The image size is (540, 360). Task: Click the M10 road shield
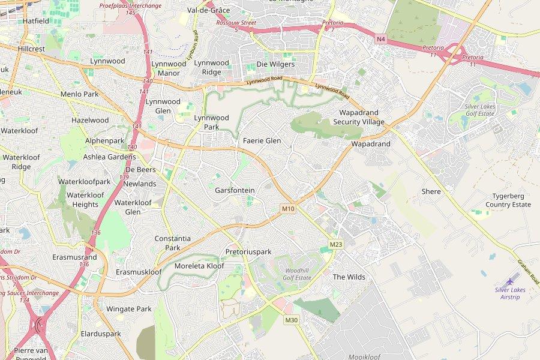[x=288, y=209]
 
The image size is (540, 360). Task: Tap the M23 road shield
[x=336, y=244]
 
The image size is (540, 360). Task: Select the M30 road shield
[x=291, y=320]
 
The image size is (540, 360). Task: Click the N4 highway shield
[x=381, y=39]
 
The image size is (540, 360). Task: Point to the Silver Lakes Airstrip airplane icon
[x=511, y=280]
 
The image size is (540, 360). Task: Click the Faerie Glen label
[x=262, y=140]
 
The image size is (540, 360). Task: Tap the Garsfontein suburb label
[x=235, y=190]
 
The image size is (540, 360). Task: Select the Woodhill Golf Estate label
[x=297, y=274]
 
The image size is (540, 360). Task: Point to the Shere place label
[x=431, y=191]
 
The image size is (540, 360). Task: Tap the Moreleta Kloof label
[x=199, y=266]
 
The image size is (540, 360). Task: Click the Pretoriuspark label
[x=248, y=251]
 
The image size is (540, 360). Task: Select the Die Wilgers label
[x=275, y=64]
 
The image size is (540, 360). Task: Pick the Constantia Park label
[x=172, y=242]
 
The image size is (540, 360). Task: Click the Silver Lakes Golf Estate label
[x=480, y=109]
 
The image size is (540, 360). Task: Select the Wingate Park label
[x=128, y=309]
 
